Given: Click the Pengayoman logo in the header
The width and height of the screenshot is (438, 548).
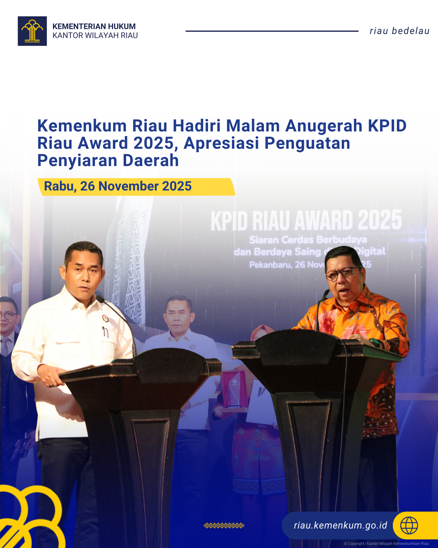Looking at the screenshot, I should click(32, 31).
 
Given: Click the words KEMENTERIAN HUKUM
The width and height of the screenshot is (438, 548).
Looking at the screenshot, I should click(94, 26).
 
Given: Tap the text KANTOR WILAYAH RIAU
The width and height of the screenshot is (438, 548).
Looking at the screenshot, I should click(95, 36).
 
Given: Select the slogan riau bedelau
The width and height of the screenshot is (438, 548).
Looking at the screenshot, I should click(399, 31).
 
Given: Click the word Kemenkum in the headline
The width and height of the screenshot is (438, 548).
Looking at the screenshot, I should click(82, 126).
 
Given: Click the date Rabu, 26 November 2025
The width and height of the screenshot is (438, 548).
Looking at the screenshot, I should click(118, 186).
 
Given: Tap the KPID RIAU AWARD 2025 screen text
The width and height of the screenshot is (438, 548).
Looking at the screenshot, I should click(306, 220).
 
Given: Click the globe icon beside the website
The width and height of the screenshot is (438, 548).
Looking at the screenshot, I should click(409, 525).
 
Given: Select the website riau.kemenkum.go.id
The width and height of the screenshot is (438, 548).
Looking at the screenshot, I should click(340, 525).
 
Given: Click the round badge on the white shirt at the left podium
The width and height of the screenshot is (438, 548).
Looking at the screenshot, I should click(105, 318).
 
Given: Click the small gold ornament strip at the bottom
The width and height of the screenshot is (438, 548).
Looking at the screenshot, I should click(224, 525).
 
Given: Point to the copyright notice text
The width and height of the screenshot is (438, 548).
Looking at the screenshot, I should click(386, 543).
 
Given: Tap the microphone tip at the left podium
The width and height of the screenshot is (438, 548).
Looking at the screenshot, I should click(100, 298).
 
